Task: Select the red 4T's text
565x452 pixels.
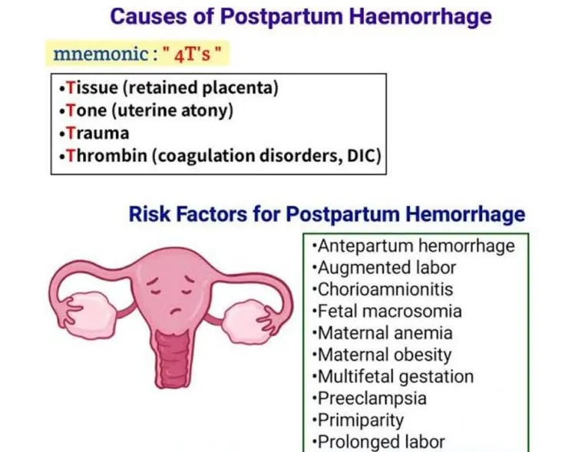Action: point(195,55)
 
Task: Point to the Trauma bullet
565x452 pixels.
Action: point(97,133)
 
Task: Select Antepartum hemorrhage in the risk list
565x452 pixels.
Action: point(415,246)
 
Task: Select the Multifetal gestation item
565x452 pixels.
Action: point(395,377)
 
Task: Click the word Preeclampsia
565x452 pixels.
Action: point(372,398)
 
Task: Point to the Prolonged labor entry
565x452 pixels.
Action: point(381,442)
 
